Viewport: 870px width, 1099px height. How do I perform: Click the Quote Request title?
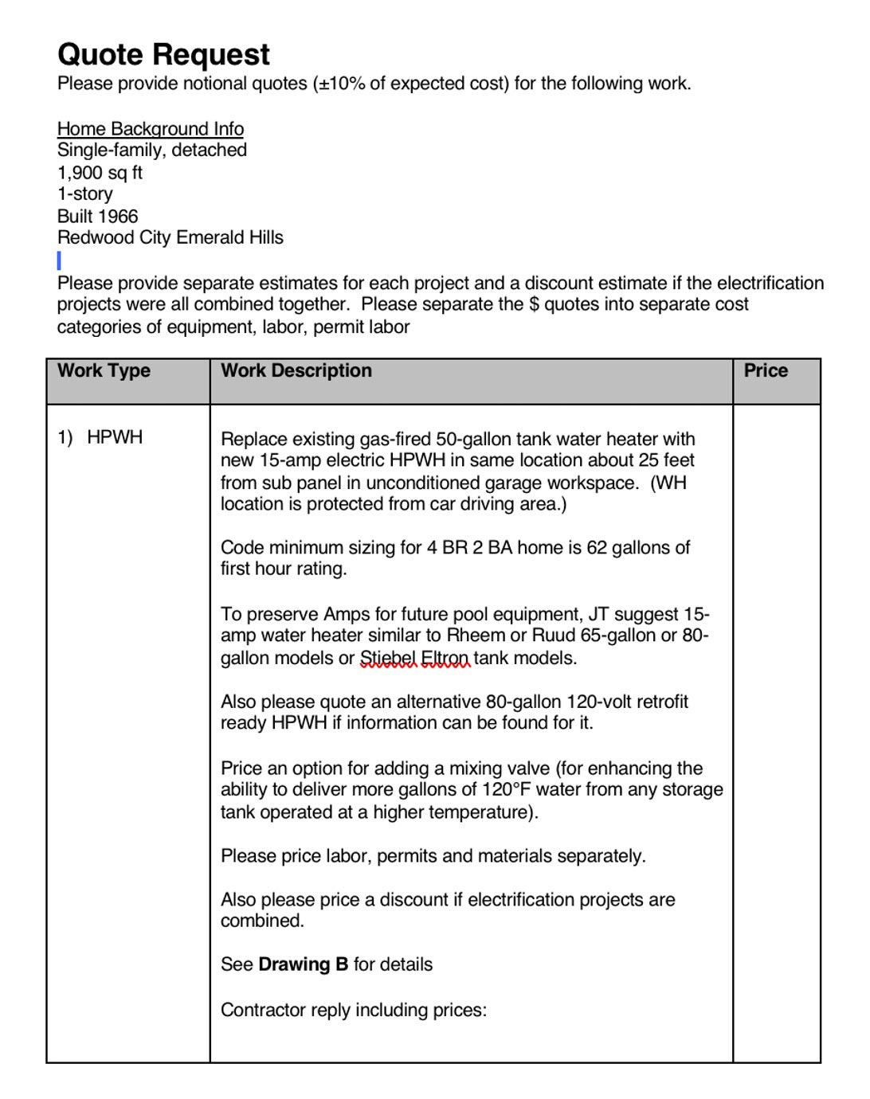(x=163, y=54)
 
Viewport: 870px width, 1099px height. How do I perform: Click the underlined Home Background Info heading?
(x=151, y=129)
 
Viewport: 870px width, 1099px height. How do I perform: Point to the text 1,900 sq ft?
(x=100, y=172)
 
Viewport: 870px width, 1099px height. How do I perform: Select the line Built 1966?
(x=97, y=216)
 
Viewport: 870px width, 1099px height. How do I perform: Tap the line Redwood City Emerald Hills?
(x=170, y=237)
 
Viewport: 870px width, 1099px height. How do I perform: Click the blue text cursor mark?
(x=59, y=260)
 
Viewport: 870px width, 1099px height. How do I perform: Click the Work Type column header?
(x=104, y=370)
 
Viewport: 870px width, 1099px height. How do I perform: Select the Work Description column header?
(x=296, y=370)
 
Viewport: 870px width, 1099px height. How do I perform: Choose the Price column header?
(x=765, y=370)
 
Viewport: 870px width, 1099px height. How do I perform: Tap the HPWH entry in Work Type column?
(x=115, y=437)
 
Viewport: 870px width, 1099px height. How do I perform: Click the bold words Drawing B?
(x=303, y=964)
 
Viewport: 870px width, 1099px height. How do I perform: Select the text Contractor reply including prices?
(x=353, y=1010)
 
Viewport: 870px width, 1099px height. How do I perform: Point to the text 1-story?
(x=85, y=194)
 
